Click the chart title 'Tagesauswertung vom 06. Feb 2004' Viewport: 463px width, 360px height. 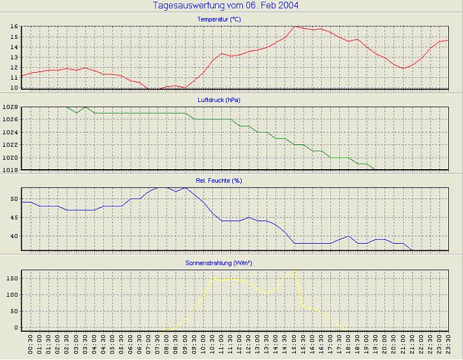click(226, 6)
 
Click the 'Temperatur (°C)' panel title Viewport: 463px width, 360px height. click(219, 20)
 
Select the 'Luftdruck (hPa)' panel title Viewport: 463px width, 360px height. click(219, 100)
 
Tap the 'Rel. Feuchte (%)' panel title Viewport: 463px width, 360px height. click(219, 181)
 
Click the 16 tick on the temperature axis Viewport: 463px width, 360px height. click(13, 27)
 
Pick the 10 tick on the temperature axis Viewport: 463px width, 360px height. click(13, 87)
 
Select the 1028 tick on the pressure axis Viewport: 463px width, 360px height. click(10, 107)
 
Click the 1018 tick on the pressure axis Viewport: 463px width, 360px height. click(10, 170)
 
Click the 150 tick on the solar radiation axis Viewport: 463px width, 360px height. click(12, 278)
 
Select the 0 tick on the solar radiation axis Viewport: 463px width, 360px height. click(16, 327)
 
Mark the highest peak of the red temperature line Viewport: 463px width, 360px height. click(295, 27)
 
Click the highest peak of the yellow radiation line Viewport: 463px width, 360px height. click(294, 271)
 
